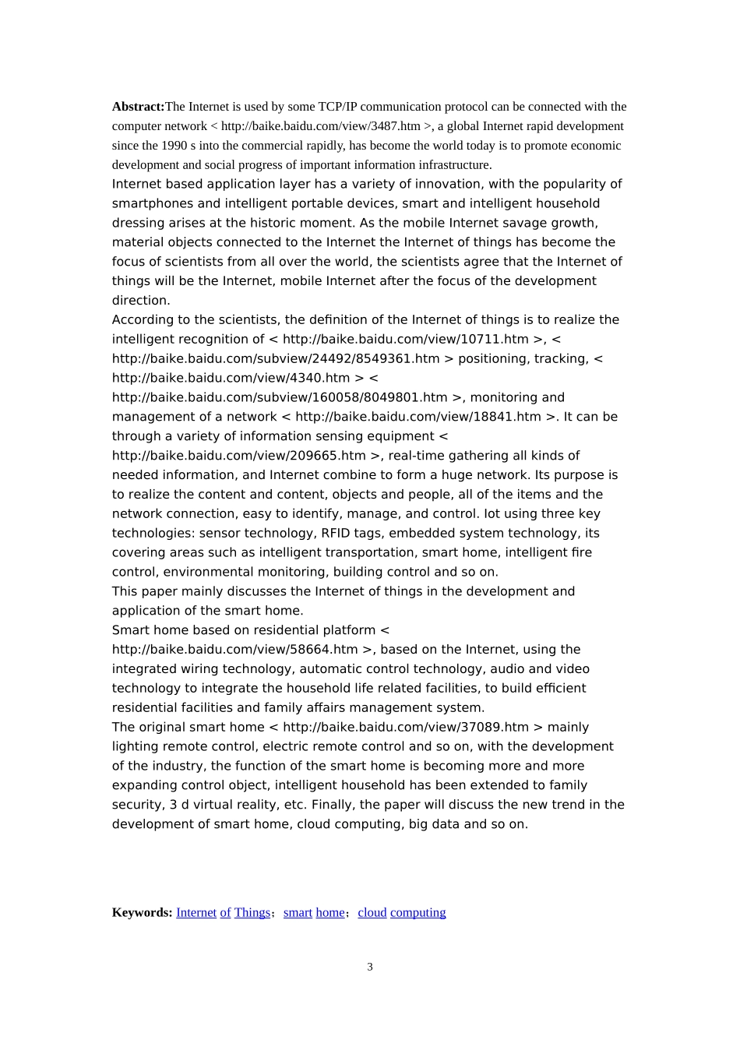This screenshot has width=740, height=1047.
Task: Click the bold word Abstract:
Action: click(138, 107)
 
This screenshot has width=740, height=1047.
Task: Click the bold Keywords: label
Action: click(142, 912)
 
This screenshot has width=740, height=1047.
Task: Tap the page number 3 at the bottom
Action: click(370, 967)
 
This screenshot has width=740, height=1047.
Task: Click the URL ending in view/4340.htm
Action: click(231, 378)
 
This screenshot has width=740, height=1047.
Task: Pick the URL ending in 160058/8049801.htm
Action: click(280, 397)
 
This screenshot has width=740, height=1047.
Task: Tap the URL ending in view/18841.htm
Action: click(418, 417)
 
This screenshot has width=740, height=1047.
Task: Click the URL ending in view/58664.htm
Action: click(235, 650)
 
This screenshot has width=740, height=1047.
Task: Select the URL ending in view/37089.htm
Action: click(406, 727)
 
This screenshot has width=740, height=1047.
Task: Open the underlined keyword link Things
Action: click(252, 912)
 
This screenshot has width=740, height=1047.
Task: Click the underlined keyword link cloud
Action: click(372, 912)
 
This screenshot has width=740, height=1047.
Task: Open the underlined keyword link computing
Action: click(418, 912)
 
